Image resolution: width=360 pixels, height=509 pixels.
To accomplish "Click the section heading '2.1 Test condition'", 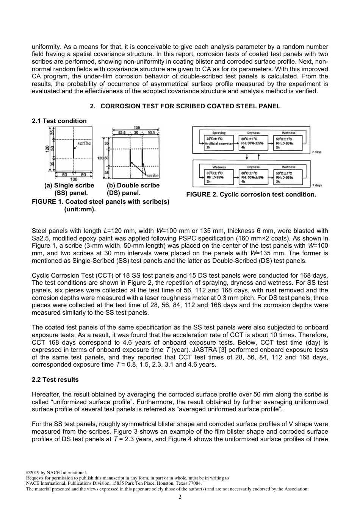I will click(59, 121).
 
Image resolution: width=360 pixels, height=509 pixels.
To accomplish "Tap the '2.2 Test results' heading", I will click(55, 379).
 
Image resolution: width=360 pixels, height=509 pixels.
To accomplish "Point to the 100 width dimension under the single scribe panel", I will click(74, 179).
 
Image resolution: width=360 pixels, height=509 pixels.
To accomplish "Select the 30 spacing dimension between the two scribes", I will click(136, 133).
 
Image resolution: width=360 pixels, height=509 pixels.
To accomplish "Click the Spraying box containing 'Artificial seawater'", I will click(219, 143).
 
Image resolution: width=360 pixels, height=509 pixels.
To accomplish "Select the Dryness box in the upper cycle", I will click(253, 143).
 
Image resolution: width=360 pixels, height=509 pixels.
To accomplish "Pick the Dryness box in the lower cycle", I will click(253, 177).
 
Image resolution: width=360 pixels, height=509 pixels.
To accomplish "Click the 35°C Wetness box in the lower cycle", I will click(219, 177).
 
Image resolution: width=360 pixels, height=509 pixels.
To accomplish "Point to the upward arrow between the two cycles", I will click(258, 157).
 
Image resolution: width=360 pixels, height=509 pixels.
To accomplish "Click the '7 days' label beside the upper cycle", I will click(316, 152).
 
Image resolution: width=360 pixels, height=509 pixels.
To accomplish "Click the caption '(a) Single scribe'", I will click(69, 185).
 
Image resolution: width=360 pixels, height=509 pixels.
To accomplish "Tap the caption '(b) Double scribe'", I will click(133, 185).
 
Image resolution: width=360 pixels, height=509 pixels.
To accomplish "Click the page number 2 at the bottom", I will click(180, 497).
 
